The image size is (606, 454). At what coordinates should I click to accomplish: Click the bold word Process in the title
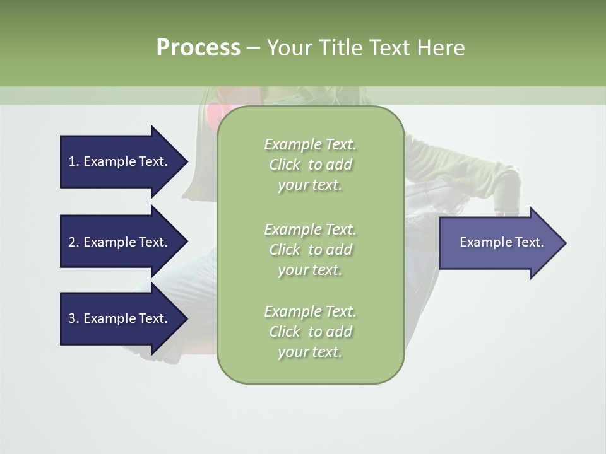(x=198, y=48)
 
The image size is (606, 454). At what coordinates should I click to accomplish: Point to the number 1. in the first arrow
(x=73, y=161)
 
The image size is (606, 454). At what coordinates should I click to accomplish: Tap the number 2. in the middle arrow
(x=73, y=242)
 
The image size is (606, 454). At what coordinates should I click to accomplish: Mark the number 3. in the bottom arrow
(x=73, y=318)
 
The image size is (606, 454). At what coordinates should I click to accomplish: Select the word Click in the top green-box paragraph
(x=285, y=165)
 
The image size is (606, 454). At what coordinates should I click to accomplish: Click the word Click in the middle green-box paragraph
(x=285, y=250)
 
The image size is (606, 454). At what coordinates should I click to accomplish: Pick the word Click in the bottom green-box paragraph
(x=285, y=332)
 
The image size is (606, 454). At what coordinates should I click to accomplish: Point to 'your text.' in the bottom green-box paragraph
(x=309, y=352)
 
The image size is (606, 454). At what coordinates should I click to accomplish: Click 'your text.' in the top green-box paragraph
(x=309, y=185)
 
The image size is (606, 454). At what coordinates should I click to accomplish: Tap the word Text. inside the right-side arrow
(x=524, y=242)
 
